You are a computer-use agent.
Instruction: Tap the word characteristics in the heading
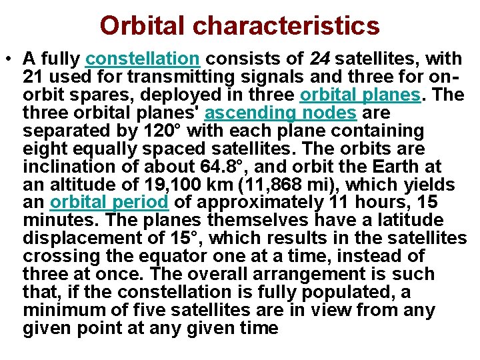(x=287, y=26)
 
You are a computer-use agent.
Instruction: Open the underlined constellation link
(x=142, y=59)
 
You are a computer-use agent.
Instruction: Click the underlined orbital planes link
(x=361, y=95)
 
